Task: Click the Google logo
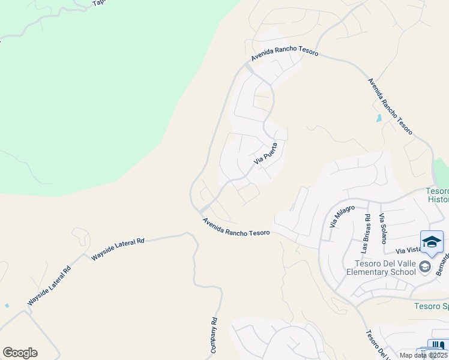[x=20, y=353]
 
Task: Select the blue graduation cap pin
[x=432, y=242]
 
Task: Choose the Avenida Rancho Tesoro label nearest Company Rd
[x=236, y=226]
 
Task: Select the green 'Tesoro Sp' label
[x=431, y=306]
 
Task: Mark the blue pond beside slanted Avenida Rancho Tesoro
[x=378, y=118]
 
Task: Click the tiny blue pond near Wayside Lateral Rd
[x=7, y=305]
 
